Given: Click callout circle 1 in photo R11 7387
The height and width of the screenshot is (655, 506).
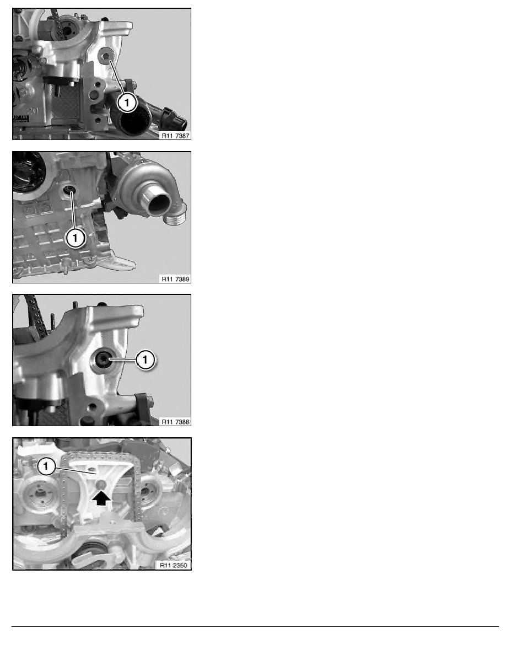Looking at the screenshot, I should [x=127, y=101].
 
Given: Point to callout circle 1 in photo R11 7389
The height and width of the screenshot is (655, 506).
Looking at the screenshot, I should [x=75, y=238].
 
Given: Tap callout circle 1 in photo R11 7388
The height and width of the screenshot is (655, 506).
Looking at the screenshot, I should [x=145, y=359].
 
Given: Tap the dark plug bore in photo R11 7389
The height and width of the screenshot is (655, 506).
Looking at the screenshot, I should [x=69, y=191].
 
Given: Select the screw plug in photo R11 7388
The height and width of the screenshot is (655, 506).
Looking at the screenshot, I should [x=103, y=359].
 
